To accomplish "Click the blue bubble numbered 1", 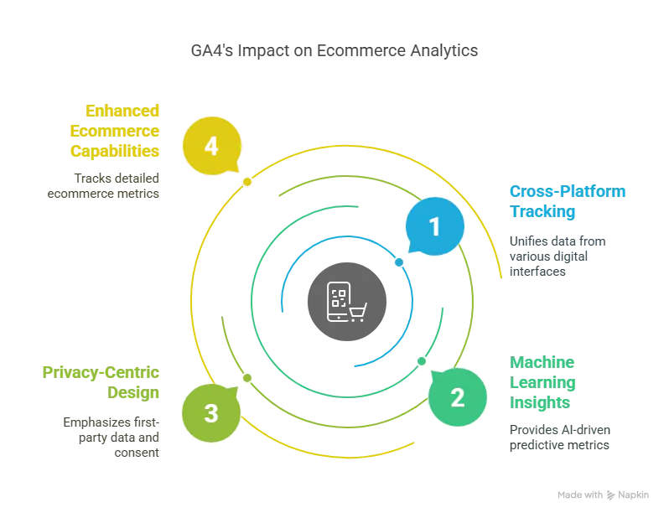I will pyautogui.click(x=434, y=226).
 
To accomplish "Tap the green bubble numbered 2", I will pyautogui.click(x=458, y=397).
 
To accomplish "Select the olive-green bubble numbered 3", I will pyautogui.click(x=211, y=413).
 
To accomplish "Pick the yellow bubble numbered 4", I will pyautogui.click(x=211, y=147).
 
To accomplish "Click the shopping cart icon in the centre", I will pyautogui.click(x=358, y=313).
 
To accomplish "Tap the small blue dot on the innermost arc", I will pyautogui.click(x=399, y=262).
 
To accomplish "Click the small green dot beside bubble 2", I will pyautogui.click(x=421, y=361).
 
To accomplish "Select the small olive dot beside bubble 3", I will pyautogui.click(x=247, y=378).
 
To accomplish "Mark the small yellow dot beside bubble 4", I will pyautogui.click(x=247, y=182).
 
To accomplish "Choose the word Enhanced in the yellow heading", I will pyautogui.click(x=122, y=111).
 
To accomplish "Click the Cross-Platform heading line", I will pyautogui.click(x=568, y=192).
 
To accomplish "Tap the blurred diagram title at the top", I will pyautogui.click(x=334, y=52).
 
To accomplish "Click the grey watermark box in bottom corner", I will pyautogui.click(x=603, y=496).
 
